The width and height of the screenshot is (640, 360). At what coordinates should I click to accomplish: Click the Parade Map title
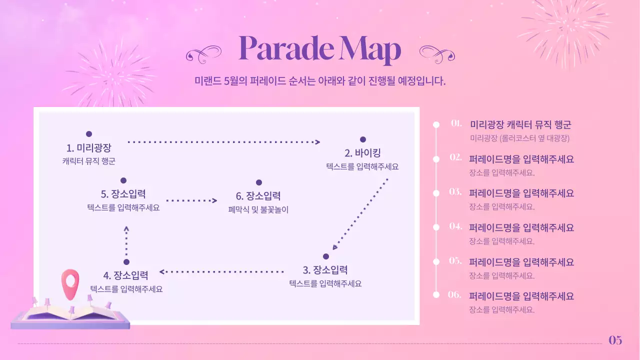(320, 49)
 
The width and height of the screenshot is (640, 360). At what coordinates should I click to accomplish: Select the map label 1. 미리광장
(88, 148)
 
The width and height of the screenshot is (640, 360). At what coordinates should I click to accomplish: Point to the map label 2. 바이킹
(362, 153)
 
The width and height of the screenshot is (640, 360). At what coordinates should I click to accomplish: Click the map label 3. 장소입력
(325, 270)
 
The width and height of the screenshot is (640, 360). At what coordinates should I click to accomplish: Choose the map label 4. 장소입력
(126, 275)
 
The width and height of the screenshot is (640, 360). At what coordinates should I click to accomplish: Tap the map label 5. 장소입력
(123, 194)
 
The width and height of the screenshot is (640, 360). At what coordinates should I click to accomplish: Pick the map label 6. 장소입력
(258, 195)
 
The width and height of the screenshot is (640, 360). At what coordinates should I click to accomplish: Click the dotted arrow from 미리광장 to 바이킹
(223, 142)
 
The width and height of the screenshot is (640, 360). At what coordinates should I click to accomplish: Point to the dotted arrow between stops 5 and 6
(191, 200)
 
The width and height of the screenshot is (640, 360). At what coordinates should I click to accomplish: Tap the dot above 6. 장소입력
(258, 182)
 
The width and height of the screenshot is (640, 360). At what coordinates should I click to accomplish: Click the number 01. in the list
(456, 123)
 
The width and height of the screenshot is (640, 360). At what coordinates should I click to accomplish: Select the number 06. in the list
(455, 294)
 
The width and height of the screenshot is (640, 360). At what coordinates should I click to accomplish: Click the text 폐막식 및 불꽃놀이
(258, 210)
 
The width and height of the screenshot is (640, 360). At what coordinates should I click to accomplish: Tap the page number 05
(615, 340)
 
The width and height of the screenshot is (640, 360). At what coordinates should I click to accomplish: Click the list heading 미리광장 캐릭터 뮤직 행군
(520, 125)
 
